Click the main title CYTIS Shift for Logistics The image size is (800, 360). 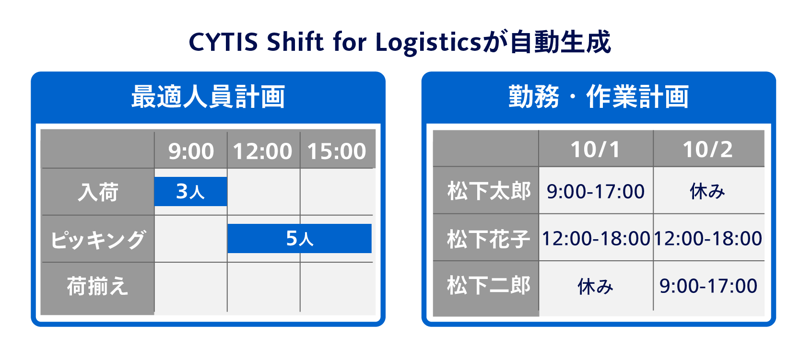click(x=335, y=43)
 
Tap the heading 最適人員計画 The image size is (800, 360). click(x=208, y=97)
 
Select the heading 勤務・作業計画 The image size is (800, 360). click(x=599, y=97)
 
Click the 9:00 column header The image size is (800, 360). click(x=191, y=151)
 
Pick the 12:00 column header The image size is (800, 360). click(x=263, y=151)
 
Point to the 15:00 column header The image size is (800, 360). click(x=336, y=151)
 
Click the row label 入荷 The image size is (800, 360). click(x=98, y=192)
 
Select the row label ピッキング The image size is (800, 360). click(x=98, y=239)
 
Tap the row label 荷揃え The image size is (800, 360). click(x=97, y=286)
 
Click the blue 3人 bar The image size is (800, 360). click(x=191, y=192)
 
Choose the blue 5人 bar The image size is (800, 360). click(x=300, y=238)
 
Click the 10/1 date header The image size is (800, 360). click(x=595, y=149)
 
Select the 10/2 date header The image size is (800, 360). click(x=708, y=149)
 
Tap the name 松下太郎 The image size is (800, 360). click(x=489, y=191)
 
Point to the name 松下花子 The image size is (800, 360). click(x=489, y=239)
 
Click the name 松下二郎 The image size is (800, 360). click(x=489, y=285)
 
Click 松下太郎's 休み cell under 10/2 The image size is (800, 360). click(x=707, y=191)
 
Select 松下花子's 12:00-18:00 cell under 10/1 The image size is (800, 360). click(x=596, y=239)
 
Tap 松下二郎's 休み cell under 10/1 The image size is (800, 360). click(x=595, y=287)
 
